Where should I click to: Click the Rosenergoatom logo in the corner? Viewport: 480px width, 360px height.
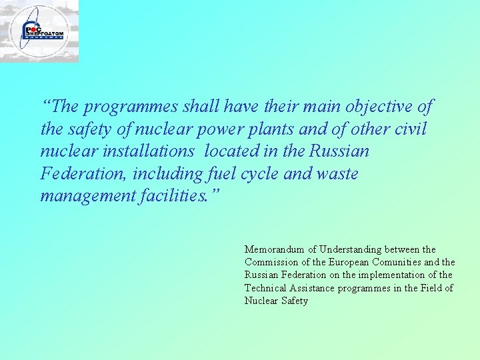(39, 31)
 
